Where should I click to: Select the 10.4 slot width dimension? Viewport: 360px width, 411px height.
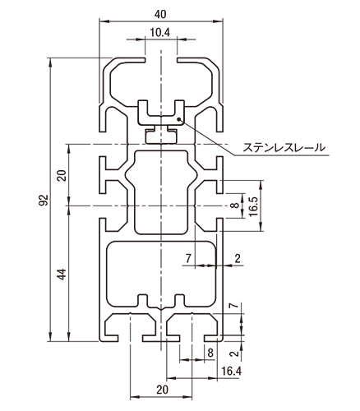pos(160,33)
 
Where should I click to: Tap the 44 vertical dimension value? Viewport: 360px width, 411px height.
pos(61,274)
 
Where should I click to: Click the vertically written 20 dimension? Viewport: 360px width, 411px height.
pos(61,174)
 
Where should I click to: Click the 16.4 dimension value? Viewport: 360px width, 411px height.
pos(232,372)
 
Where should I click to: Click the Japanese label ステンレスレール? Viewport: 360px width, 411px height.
pos(282,149)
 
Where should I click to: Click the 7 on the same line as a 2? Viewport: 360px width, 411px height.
pos(188,259)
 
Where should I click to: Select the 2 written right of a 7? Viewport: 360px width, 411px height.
pos(238,259)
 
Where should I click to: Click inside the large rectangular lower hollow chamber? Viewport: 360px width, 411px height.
pos(160,267)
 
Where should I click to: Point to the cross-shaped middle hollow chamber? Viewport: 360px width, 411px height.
pos(160,189)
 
